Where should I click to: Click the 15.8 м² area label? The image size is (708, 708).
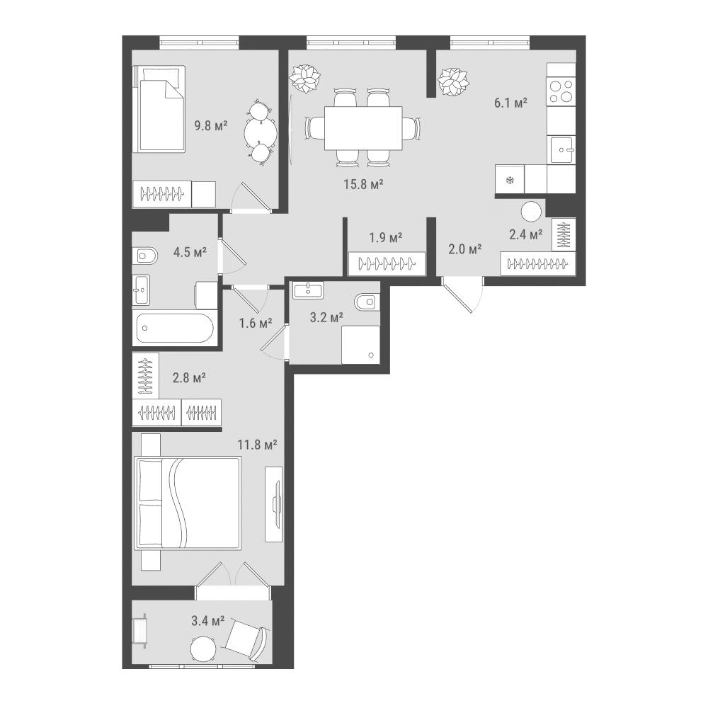pyautogui.click(x=363, y=184)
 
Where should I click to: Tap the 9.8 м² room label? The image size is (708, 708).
pyautogui.click(x=210, y=125)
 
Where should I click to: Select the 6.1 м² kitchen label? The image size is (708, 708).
pyautogui.click(x=510, y=103)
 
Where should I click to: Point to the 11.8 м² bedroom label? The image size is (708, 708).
pyautogui.click(x=258, y=445)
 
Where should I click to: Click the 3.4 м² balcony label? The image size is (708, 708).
pyautogui.click(x=207, y=622)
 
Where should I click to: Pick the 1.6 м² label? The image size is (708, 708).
pyautogui.click(x=256, y=323)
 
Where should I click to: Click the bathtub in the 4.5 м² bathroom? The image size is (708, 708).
pyautogui.click(x=175, y=329)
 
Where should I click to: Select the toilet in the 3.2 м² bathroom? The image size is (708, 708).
pyautogui.click(x=367, y=301)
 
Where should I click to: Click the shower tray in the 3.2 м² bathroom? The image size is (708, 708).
pyautogui.click(x=361, y=345)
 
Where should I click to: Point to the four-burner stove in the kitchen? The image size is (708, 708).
pyautogui.click(x=561, y=91)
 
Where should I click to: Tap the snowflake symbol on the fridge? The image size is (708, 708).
pyautogui.click(x=510, y=181)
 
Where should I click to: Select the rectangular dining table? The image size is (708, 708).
pyautogui.click(x=363, y=128)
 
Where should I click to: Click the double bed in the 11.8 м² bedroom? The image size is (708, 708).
pyautogui.click(x=188, y=503)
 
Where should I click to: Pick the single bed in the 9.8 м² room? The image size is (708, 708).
pyautogui.click(x=159, y=109)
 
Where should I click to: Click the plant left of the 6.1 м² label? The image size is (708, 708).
pyautogui.click(x=453, y=81)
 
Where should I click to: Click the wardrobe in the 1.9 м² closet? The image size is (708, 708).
pyautogui.click(x=387, y=263)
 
